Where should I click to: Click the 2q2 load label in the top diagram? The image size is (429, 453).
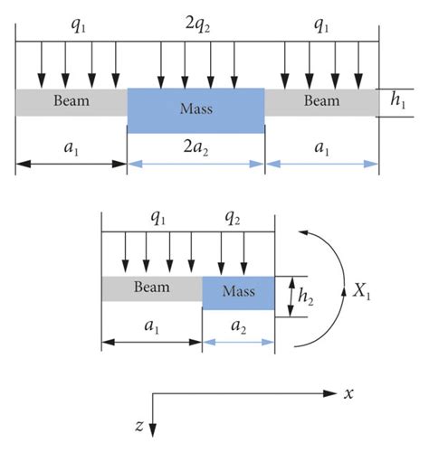tap(196, 27)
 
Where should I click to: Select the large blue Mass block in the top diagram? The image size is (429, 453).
tap(196, 109)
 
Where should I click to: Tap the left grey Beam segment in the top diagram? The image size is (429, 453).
tap(71, 101)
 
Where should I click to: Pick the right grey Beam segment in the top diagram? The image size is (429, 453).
tap(321, 101)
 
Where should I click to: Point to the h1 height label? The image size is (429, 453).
tap(398, 101)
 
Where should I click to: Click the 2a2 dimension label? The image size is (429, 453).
tap(196, 148)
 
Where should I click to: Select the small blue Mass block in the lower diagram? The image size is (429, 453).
tap(238, 292)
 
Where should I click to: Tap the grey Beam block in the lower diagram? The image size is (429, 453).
tap(151, 288)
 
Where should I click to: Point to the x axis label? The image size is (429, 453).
tap(348, 394)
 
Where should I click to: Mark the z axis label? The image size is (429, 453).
tap(138, 425)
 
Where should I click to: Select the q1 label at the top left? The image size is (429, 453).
tap(77, 27)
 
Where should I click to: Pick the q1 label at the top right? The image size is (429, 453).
tap(321, 27)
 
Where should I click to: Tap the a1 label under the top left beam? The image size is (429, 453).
tap(71, 148)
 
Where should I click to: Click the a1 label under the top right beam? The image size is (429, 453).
tap(321, 148)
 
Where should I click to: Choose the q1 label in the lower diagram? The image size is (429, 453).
tap(157, 218)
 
